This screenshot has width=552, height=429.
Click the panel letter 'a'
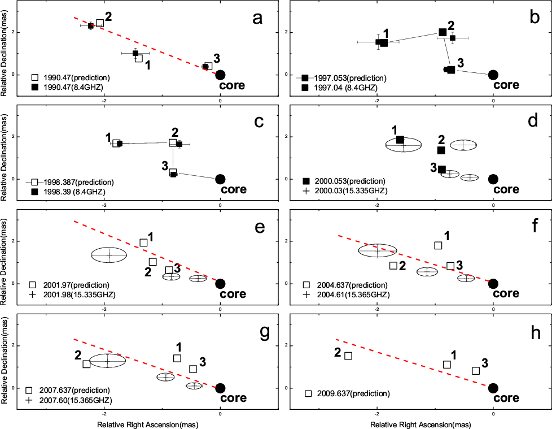257,18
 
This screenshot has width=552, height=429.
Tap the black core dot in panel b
493,75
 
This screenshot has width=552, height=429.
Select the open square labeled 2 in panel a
100,23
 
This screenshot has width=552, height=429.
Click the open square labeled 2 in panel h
348,356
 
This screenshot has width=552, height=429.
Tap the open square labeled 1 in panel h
447,365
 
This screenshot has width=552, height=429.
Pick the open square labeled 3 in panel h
476,371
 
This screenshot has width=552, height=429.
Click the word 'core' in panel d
506,189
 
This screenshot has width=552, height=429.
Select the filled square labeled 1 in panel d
400,140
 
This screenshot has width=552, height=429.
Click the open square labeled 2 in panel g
86,364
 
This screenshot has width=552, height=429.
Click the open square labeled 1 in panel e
143,242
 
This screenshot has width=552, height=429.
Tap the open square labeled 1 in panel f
438,245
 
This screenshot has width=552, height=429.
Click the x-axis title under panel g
150,423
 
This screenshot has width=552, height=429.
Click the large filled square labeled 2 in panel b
443,32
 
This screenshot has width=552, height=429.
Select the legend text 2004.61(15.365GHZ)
354,294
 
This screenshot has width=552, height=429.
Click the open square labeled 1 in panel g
177,358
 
